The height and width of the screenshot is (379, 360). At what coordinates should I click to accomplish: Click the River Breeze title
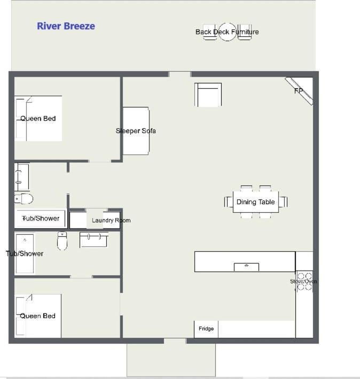(x=66, y=26)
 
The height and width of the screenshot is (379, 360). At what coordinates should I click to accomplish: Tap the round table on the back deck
(x=227, y=32)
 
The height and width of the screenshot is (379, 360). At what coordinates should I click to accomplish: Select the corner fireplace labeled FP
(x=299, y=91)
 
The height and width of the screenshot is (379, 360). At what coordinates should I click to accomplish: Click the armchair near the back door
(x=208, y=95)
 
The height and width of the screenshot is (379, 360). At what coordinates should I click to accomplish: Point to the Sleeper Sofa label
(x=136, y=131)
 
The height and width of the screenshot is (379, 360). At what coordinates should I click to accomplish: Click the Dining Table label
(x=255, y=202)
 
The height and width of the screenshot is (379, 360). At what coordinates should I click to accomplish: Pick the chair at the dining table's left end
(x=229, y=202)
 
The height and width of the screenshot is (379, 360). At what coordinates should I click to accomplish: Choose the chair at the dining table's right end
(x=283, y=202)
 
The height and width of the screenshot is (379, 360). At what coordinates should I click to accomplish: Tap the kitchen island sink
(x=247, y=267)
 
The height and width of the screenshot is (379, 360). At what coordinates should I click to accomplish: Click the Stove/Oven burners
(x=304, y=281)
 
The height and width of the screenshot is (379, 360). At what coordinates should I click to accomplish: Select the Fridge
(x=206, y=329)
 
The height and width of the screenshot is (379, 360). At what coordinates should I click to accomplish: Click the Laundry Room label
(x=111, y=220)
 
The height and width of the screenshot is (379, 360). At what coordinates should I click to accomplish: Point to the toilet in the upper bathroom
(x=24, y=199)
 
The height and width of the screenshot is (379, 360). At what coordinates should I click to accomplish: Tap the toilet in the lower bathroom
(x=62, y=241)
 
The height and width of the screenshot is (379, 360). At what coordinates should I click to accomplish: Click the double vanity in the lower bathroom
(x=93, y=239)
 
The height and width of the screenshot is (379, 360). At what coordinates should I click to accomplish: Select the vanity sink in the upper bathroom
(x=22, y=177)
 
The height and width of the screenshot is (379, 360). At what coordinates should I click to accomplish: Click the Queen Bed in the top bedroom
(x=38, y=119)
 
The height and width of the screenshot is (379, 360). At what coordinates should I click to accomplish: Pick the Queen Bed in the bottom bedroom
(x=38, y=316)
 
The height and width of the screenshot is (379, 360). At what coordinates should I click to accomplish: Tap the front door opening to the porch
(x=175, y=341)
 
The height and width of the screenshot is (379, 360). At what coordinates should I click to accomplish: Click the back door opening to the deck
(x=179, y=74)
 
